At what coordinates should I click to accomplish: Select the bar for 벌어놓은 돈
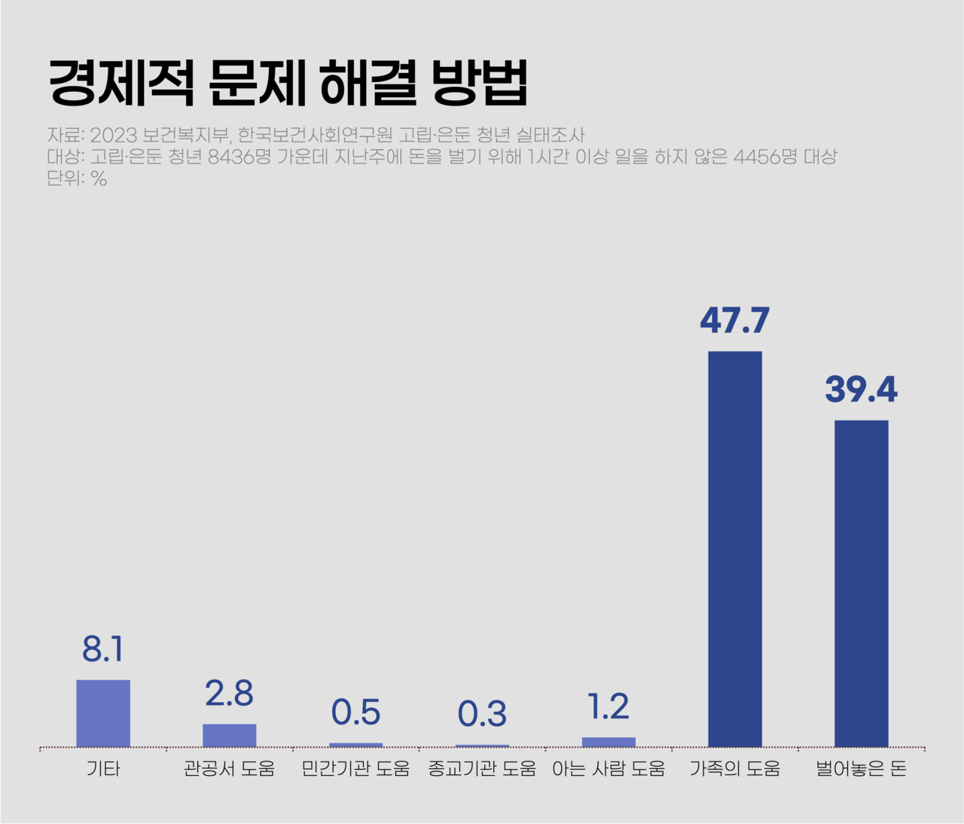click(861, 583)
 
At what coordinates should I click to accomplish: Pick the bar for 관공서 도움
click(230, 735)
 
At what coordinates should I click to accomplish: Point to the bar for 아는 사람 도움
click(609, 742)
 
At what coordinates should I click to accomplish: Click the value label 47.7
click(735, 320)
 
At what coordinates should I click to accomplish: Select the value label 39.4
click(861, 389)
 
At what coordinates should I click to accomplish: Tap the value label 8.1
click(103, 649)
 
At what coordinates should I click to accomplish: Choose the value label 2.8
click(230, 693)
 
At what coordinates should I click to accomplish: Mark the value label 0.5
click(355, 712)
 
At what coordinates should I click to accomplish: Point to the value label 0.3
click(482, 713)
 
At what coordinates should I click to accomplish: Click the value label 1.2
click(609, 707)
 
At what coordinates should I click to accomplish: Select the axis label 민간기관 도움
click(355, 768)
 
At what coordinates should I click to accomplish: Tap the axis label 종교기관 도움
click(482, 768)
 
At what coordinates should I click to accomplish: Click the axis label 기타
click(103, 768)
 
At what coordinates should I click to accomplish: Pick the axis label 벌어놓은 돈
click(861, 768)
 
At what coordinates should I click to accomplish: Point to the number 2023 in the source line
click(114, 135)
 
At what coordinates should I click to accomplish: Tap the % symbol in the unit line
click(99, 179)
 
